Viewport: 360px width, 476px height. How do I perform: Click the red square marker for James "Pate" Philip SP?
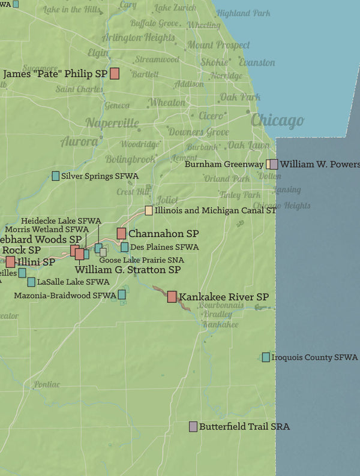114,74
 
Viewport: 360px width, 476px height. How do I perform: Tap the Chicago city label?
277,120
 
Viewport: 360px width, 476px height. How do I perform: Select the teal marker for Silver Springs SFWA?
56,176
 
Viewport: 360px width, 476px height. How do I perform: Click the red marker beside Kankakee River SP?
172,296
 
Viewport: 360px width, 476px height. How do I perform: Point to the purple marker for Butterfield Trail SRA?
193,426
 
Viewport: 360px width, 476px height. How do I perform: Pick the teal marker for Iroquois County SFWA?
266,357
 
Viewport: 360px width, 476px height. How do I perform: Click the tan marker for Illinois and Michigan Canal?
149,210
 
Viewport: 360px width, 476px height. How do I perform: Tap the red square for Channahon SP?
121,233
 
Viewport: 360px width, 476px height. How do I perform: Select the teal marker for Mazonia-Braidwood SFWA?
122,294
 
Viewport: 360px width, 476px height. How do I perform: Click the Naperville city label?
112,123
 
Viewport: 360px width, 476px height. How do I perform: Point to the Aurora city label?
79,142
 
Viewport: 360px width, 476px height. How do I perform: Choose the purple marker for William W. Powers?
274,164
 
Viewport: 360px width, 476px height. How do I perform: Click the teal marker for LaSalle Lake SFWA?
31,282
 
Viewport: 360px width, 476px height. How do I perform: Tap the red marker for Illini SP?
10,261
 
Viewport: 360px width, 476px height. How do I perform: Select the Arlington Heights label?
138,38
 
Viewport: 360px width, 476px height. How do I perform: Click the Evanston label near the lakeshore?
257,62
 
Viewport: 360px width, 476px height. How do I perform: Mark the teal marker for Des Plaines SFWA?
124,247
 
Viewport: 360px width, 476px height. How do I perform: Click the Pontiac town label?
47,384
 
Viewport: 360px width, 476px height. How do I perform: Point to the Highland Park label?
243,13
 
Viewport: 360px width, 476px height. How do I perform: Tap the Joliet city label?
167,199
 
